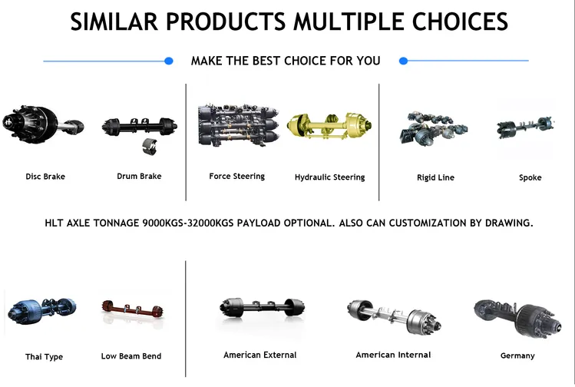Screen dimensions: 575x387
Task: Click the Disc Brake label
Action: click(x=45, y=177)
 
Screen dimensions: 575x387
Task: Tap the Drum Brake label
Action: click(x=139, y=176)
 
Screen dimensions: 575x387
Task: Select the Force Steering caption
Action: click(x=237, y=176)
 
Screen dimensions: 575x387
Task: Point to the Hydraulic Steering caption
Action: click(x=329, y=177)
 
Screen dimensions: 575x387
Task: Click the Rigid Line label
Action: click(x=435, y=177)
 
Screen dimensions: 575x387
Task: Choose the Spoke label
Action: click(x=530, y=177)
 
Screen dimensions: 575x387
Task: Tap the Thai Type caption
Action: click(x=44, y=356)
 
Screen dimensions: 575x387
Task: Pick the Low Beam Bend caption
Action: click(x=131, y=356)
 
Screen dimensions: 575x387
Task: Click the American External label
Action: click(x=260, y=355)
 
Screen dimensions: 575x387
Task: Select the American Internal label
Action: click(x=393, y=355)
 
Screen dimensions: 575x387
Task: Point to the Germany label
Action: click(x=517, y=356)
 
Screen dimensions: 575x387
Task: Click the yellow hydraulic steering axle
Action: click(x=329, y=126)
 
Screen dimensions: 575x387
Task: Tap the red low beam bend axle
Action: click(x=133, y=309)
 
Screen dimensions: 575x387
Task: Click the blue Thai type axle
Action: click(x=41, y=311)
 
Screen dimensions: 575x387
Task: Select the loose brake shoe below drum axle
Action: click(x=150, y=147)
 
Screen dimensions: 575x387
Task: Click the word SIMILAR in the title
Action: click(x=114, y=21)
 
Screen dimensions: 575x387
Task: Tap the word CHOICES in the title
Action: click(x=460, y=21)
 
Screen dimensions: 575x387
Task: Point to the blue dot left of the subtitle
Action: click(x=169, y=61)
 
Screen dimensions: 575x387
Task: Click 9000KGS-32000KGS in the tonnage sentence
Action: click(x=188, y=223)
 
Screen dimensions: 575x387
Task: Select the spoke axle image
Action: click(x=526, y=127)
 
